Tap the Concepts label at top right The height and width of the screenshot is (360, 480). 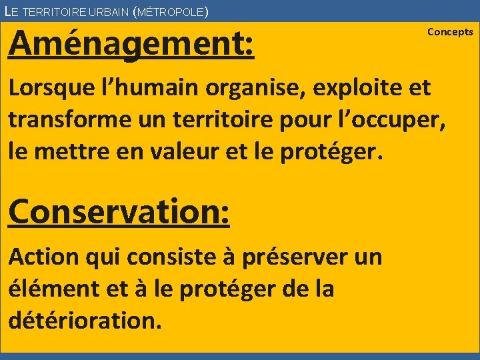tap(450, 32)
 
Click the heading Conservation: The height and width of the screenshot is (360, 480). tap(119, 212)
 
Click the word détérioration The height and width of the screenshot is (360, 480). tap(85, 321)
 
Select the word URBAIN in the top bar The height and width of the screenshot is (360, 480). tap(106, 12)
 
